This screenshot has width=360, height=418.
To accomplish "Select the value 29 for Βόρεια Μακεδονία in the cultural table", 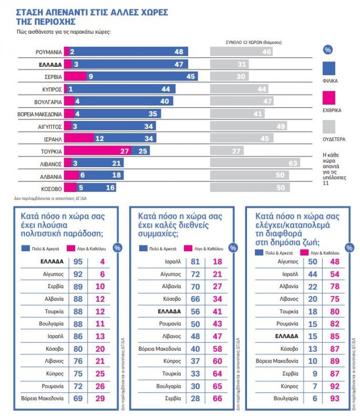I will click(99, 398).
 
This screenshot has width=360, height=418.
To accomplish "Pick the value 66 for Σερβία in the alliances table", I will click(217, 398).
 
